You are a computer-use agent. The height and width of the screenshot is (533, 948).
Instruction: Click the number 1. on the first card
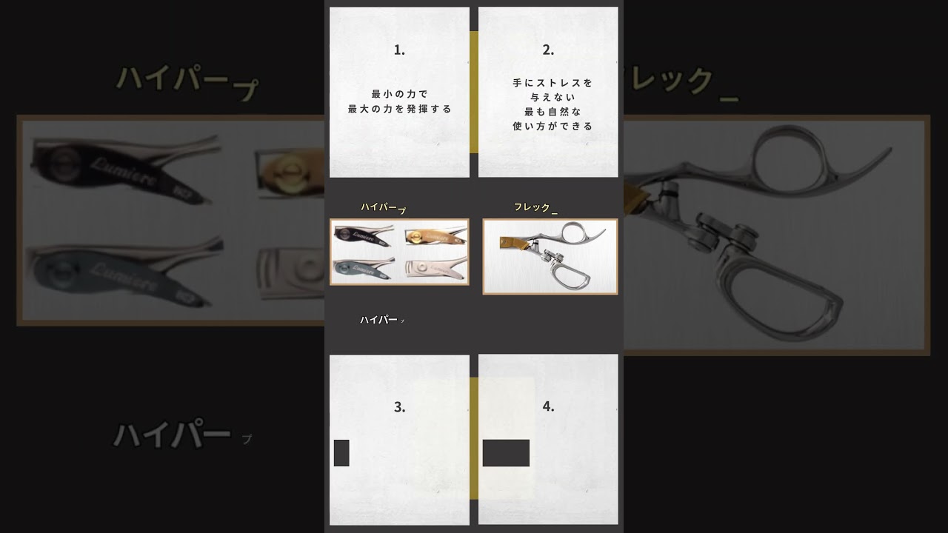click(399, 50)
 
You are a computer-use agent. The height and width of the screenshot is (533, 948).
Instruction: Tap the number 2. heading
click(548, 50)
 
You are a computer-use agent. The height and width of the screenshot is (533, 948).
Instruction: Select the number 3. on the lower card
click(399, 407)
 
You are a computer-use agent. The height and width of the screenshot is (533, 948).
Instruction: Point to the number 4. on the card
click(548, 406)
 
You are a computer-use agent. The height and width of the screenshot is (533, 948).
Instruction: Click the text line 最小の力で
click(399, 94)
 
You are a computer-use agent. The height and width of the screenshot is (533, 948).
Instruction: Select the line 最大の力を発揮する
click(399, 109)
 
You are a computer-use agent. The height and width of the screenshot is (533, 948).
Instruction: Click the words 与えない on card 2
click(549, 97)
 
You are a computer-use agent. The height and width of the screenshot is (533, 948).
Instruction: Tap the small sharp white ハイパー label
click(379, 320)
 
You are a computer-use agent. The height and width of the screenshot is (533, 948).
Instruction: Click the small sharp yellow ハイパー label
click(380, 207)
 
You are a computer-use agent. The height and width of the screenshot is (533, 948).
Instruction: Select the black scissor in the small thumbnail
click(364, 235)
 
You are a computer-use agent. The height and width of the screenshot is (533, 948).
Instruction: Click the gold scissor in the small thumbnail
click(435, 236)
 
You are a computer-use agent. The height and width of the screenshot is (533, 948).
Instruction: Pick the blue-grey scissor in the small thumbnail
click(364, 266)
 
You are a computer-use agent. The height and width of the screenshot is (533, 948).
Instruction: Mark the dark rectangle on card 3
click(341, 453)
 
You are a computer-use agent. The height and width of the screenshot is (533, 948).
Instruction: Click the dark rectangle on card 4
click(506, 453)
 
